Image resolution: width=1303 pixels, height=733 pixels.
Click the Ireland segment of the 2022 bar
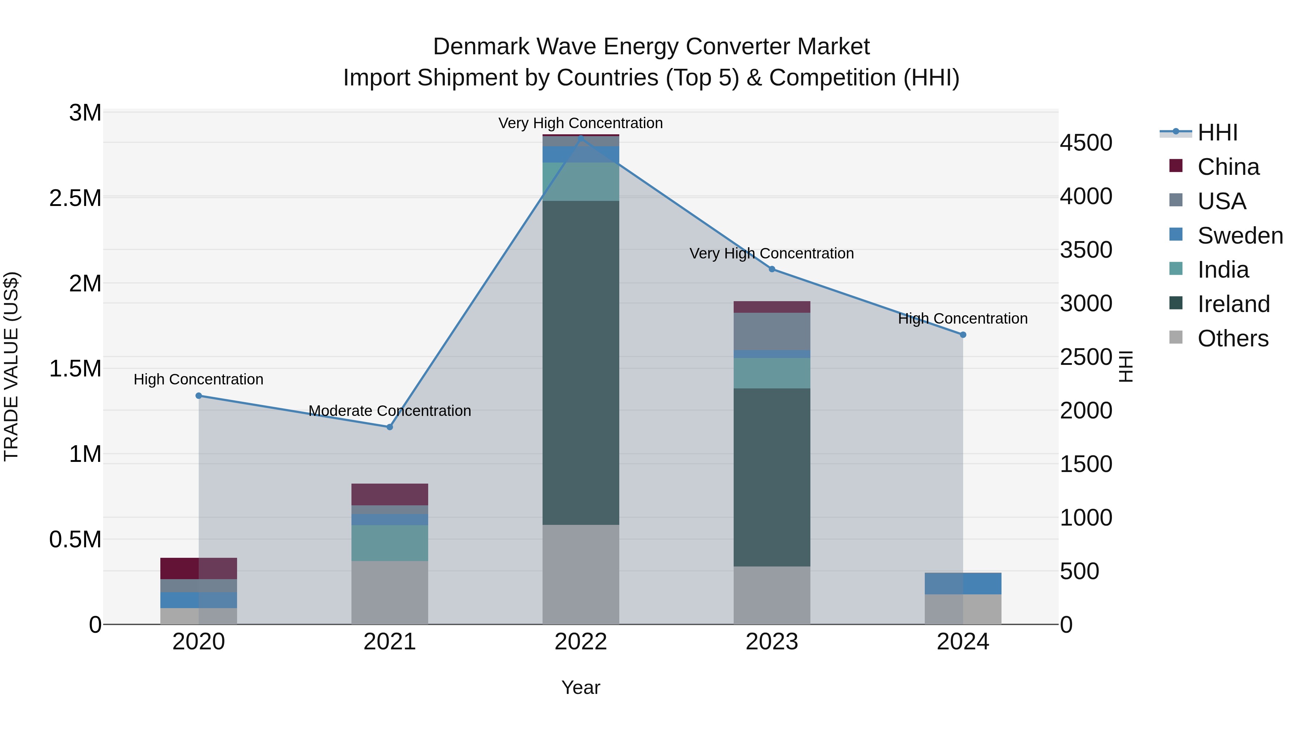coord(581,363)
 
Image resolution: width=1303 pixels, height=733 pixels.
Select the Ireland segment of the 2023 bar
coord(772,477)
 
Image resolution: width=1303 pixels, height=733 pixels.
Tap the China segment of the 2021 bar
coord(389,494)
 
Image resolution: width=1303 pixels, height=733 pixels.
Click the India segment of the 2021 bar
coord(389,543)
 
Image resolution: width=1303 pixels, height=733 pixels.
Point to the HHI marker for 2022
coord(581,138)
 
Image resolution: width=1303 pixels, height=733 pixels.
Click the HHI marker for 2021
coord(389,427)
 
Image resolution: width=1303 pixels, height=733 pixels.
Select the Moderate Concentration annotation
coord(389,411)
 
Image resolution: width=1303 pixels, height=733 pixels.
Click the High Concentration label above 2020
coord(198,379)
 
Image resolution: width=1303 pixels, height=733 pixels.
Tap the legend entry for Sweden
coord(1240,236)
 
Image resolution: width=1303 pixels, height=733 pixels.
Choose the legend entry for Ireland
coord(1233,304)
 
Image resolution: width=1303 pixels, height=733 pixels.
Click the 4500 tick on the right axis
coord(1086,143)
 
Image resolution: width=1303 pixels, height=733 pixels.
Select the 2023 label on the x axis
coord(772,642)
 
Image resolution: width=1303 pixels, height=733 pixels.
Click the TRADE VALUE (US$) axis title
coord(12,366)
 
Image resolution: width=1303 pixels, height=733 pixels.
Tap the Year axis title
coord(581,687)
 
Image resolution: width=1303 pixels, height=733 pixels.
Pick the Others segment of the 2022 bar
coord(581,574)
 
